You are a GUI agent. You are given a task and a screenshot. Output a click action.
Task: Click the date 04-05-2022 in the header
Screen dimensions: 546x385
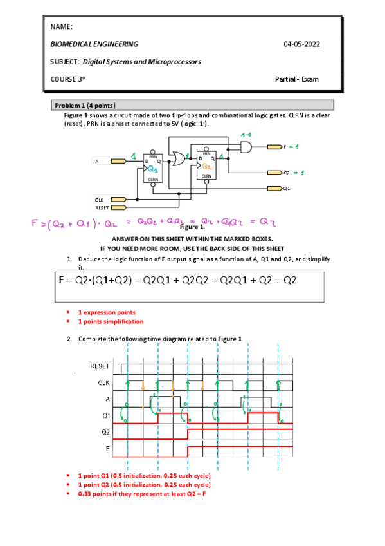(x=301, y=44)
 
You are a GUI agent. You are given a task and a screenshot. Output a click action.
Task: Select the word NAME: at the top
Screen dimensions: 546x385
(x=61, y=27)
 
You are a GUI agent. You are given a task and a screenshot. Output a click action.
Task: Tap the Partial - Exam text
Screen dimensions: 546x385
(x=296, y=79)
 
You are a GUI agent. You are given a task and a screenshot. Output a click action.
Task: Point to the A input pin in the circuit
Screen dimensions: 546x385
(x=118, y=161)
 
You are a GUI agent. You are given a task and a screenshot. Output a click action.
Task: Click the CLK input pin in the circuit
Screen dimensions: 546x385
(x=118, y=200)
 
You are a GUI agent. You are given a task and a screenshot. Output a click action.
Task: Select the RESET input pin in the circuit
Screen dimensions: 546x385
(x=118, y=208)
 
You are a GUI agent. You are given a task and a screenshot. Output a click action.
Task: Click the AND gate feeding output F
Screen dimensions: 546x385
(x=246, y=147)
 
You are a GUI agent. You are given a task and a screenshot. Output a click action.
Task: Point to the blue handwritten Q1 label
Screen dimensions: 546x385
(x=153, y=169)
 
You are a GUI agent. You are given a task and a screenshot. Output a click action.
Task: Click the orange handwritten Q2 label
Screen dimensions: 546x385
(x=207, y=166)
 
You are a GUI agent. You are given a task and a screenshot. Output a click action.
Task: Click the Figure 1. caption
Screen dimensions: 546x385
(x=192, y=227)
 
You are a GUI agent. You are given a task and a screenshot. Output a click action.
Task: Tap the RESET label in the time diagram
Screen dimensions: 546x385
(x=100, y=366)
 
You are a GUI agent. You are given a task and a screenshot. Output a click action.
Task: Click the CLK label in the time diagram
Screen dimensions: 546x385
(x=103, y=382)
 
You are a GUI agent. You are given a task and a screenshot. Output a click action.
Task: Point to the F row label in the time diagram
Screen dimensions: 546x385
(x=107, y=447)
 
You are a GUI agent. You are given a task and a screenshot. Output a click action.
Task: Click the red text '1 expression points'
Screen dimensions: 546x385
(x=107, y=312)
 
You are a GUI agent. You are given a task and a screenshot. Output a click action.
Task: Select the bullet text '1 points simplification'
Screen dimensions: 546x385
(x=111, y=321)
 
